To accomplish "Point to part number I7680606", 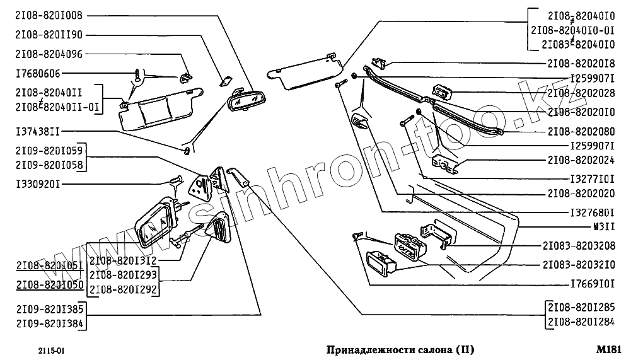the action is tap(37, 74).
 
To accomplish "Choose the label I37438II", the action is tap(37, 132).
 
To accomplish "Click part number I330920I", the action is tap(37, 184).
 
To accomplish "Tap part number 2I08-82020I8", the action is tap(581, 64).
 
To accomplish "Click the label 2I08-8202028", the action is tap(581, 93).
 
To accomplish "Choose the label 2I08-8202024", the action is tap(581, 160).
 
